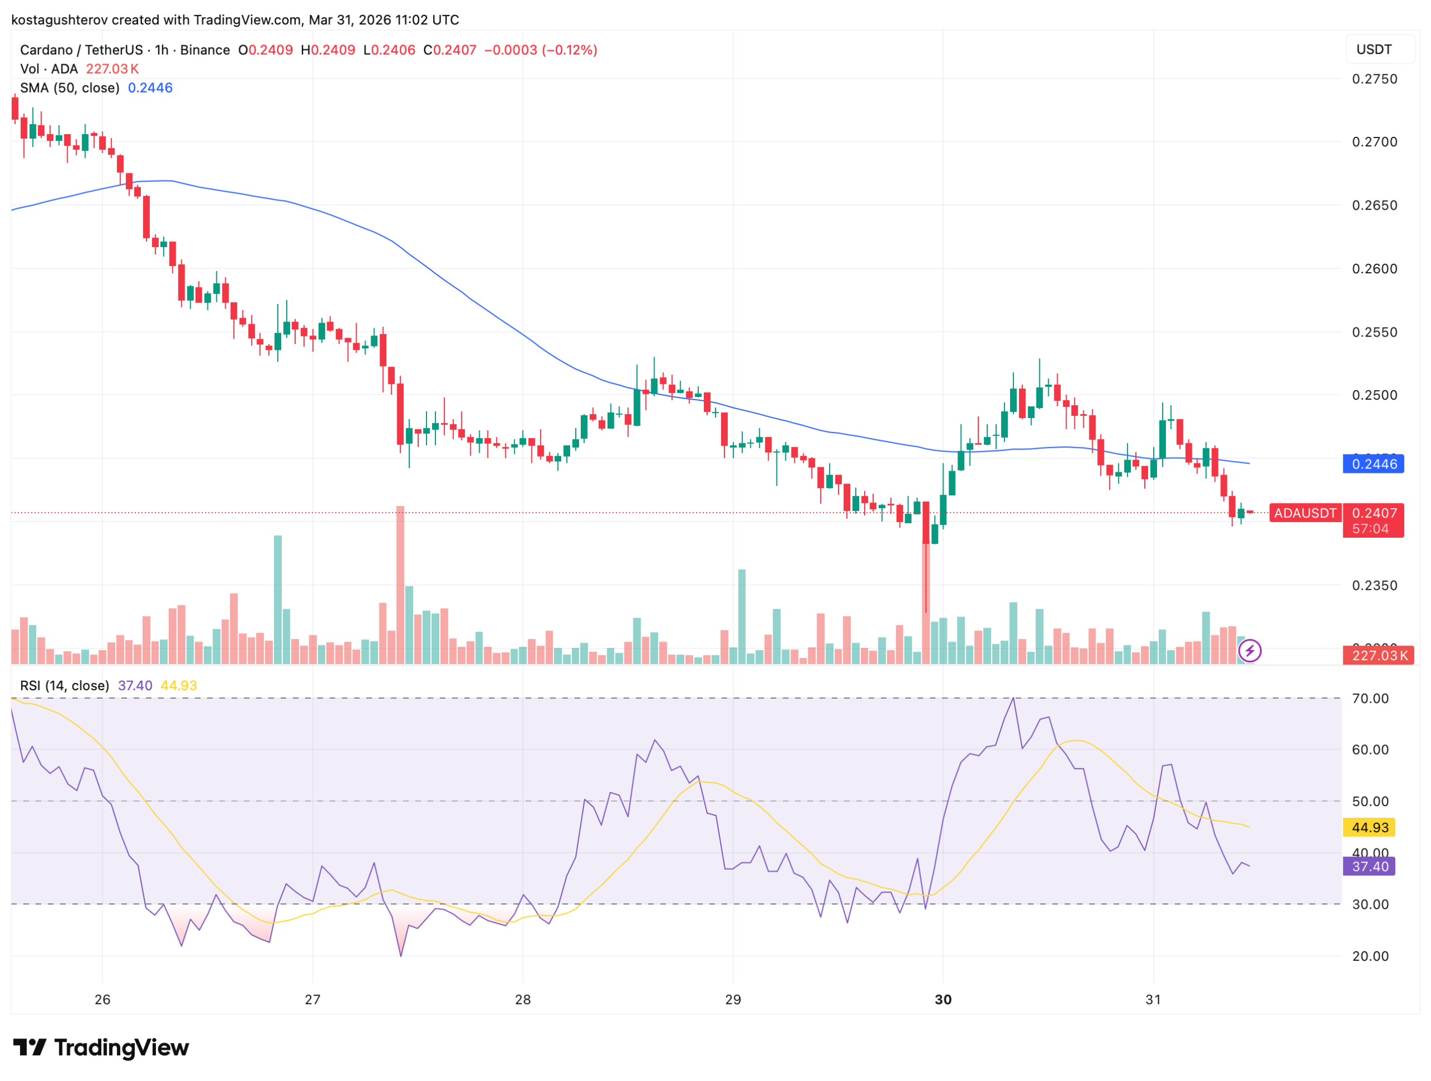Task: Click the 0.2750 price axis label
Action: pos(1374,79)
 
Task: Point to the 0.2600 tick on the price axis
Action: pos(1374,268)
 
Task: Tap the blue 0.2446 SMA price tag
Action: pos(1373,464)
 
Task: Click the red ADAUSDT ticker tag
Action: pos(1305,513)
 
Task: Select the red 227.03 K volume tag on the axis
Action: pos(1379,655)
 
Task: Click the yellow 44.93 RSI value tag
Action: pos(1370,827)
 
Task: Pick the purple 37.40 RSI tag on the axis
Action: pos(1370,866)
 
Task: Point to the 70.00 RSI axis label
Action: pos(1370,698)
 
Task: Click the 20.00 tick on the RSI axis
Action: pos(1370,955)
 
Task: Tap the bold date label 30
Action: pos(942,999)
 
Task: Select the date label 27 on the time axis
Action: pos(312,999)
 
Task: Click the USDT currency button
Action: pos(1373,50)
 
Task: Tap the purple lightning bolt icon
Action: pos(1249,651)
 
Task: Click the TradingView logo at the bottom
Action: pos(101,1047)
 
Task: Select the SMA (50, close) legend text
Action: pos(70,88)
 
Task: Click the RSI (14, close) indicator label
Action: pos(65,686)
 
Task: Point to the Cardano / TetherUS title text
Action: pos(81,50)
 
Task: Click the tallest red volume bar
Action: pos(400,585)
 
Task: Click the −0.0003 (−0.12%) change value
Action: pos(541,50)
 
